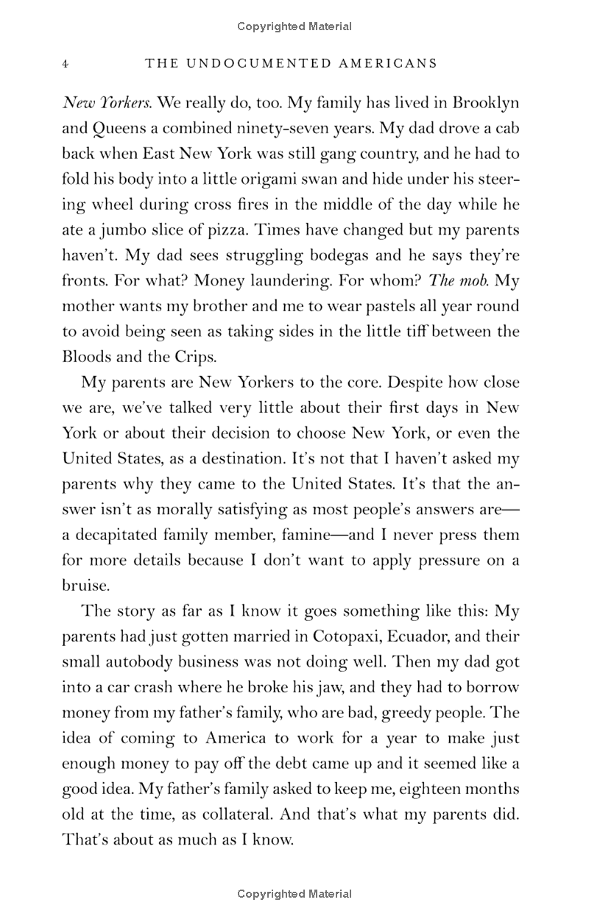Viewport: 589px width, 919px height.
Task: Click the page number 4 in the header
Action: click(66, 64)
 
